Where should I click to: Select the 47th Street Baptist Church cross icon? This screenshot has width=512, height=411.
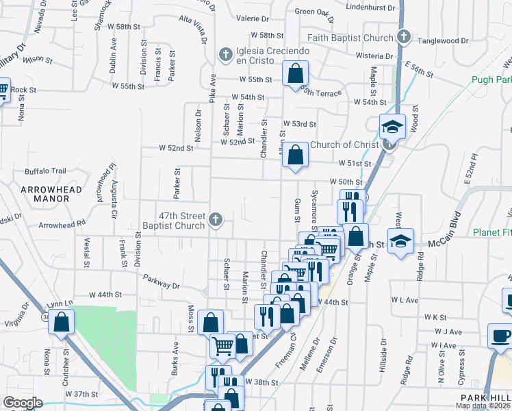216,219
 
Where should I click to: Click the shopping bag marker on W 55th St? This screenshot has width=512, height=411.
295,73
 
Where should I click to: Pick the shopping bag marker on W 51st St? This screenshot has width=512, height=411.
295,155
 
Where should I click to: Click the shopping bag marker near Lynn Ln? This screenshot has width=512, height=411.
61,321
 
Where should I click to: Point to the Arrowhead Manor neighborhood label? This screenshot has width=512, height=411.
51,194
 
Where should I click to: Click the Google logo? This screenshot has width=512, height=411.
23,402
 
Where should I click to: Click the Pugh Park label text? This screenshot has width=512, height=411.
491,79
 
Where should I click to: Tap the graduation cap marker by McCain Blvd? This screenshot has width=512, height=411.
400,241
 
